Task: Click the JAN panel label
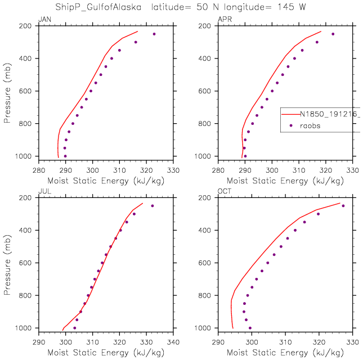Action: click(43, 21)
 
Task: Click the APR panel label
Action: click(223, 21)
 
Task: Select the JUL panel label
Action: click(43, 193)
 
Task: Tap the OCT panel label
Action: click(223, 193)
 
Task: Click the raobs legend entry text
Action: click(310, 126)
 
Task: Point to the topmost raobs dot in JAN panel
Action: click(154, 34)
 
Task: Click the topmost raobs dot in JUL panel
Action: click(152, 206)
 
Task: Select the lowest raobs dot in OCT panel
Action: click(250, 328)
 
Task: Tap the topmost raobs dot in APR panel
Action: click(333, 34)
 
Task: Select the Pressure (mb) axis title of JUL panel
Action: click(7, 263)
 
